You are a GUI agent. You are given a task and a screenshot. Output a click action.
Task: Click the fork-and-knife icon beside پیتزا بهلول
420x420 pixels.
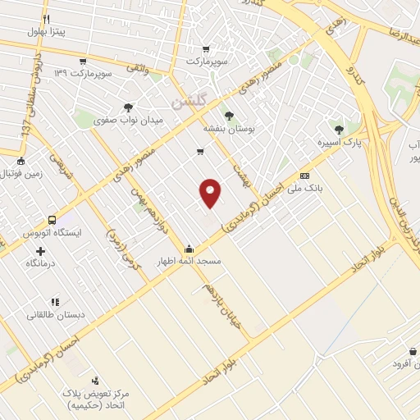coord(47,18)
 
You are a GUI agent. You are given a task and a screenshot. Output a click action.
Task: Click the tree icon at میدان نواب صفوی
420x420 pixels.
coord(127,107)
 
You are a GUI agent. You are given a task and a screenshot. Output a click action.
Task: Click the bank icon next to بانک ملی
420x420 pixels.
coord(304,176)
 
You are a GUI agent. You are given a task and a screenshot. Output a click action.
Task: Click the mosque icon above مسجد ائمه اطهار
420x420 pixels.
coord(189,249)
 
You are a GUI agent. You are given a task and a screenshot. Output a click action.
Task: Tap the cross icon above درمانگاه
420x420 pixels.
coord(40,250)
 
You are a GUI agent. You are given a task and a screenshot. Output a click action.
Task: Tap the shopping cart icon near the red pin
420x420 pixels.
coord(200,152)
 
